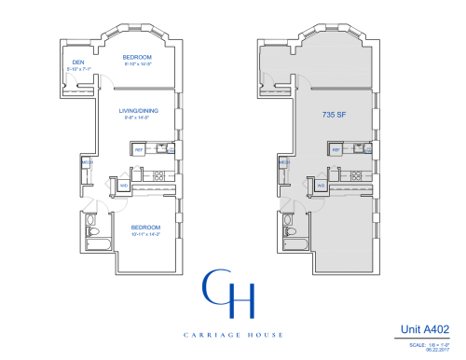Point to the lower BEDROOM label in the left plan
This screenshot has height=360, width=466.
pyautogui.click(x=145, y=228)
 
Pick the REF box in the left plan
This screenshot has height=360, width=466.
pyautogui.click(x=139, y=149)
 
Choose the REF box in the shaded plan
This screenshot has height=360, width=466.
pyautogui.click(x=335, y=149)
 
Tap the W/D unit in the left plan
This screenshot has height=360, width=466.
pyautogui.click(x=124, y=185)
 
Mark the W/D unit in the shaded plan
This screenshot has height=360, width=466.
pyautogui.click(x=320, y=185)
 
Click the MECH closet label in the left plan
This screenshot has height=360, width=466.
pyautogui.click(x=87, y=163)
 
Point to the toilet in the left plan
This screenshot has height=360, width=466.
pyautogui.click(x=90, y=231)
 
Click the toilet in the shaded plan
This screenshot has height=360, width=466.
pyautogui.click(x=286, y=231)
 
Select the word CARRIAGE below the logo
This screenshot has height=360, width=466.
pyautogui.click(x=212, y=334)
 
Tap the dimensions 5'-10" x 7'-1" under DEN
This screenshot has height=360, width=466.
pyautogui.click(x=79, y=70)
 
